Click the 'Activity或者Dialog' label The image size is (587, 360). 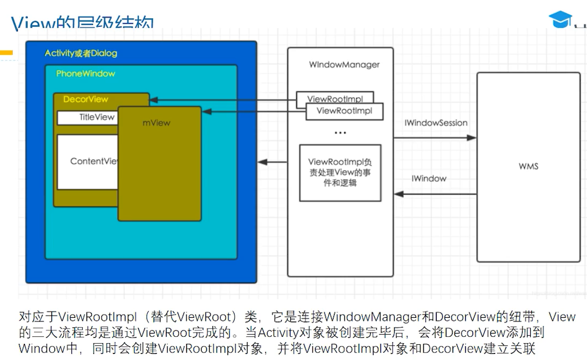(x=81, y=53)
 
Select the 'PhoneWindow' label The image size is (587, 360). (x=85, y=74)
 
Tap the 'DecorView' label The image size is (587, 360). (x=85, y=99)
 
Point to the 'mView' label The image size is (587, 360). (x=156, y=123)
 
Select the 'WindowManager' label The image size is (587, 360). (x=344, y=65)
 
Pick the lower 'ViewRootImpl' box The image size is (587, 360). (x=344, y=111)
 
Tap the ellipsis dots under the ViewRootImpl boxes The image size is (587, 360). (x=340, y=132)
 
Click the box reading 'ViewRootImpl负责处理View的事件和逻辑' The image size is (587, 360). (x=340, y=172)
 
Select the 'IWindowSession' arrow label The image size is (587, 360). (x=436, y=123)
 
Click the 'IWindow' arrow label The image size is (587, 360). (x=429, y=178)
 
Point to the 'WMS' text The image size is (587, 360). (x=528, y=166)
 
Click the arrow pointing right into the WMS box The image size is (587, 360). (x=435, y=138)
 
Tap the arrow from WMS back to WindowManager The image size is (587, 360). (x=435, y=194)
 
